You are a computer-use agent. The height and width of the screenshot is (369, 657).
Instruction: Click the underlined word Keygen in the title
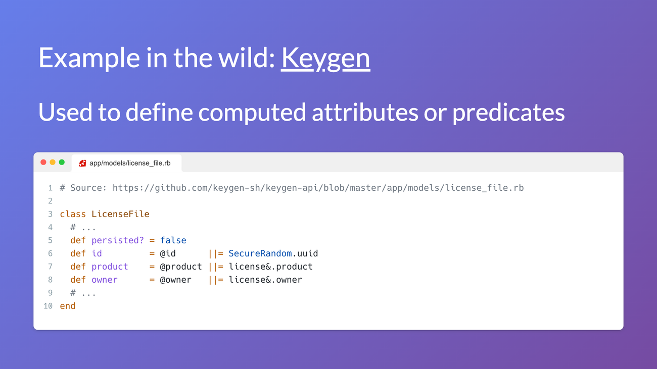tap(325, 58)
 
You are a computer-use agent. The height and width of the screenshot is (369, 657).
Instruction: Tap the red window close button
tap(43, 162)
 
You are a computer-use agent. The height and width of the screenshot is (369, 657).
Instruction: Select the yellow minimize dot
tap(53, 162)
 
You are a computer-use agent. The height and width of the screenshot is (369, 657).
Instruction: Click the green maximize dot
tap(62, 162)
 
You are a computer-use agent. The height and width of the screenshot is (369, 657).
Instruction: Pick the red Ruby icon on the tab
tap(82, 163)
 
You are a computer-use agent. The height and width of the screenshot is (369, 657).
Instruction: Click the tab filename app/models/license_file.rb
tap(130, 163)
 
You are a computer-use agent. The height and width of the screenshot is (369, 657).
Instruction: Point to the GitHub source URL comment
tap(318, 188)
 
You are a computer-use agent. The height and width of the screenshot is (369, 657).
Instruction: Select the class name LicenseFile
tap(120, 214)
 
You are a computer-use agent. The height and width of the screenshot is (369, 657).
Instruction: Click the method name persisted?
tap(118, 240)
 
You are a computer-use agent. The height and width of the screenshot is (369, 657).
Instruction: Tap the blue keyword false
tap(173, 240)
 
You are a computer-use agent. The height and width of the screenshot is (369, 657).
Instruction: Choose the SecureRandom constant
tap(260, 253)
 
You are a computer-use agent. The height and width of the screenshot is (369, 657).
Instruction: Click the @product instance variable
tap(181, 267)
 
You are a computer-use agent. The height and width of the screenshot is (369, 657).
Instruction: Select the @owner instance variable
tap(175, 280)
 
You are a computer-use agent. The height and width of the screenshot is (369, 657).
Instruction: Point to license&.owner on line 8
tap(265, 280)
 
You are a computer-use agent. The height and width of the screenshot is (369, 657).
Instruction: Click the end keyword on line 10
tap(67, 306)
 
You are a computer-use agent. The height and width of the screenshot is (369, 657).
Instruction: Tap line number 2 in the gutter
tap(50, 201)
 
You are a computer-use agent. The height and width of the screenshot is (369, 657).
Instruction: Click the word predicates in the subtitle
tap(508, 113)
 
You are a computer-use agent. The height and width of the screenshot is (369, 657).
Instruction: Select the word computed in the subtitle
tap(252, 113)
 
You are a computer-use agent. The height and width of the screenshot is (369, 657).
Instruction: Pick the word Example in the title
tap(89, 58)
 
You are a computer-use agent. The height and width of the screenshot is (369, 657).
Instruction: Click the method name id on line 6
tap(97, 253)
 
